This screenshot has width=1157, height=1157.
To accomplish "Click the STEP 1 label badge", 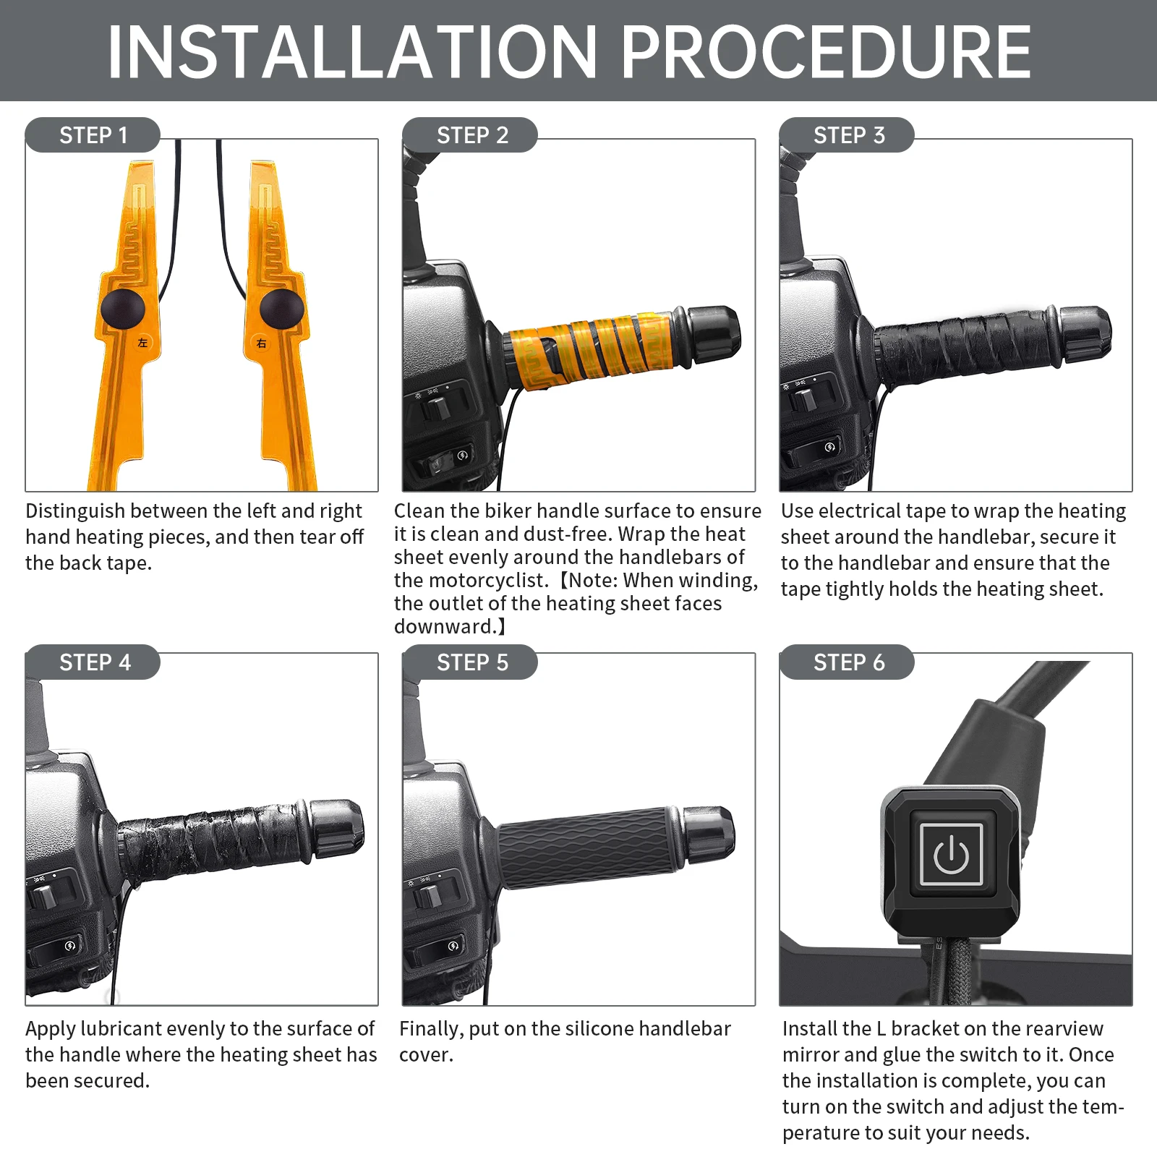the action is tap(93, 135).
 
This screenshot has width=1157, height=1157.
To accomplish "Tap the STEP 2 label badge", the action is tap(470, 135).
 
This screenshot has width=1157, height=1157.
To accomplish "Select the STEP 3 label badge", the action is tap(847, 135).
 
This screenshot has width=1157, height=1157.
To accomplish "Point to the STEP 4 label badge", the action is tap(93, 662).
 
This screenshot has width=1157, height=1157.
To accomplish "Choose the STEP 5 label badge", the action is tap(470, 662).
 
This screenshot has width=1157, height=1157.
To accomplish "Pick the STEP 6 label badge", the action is tap(847, 662).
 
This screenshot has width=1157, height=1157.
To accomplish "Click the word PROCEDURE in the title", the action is tap(827, 52).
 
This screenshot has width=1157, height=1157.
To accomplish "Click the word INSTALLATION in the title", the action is tap(352, 52).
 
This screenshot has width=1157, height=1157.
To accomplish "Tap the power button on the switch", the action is tap(951, 854).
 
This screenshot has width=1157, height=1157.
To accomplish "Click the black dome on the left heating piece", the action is tap(123, 309).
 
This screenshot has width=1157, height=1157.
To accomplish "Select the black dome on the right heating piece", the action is tap(281, 309).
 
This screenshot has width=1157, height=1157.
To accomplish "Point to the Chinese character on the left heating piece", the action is tap(142, 343).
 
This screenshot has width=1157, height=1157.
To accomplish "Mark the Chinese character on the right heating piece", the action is tap(261, 343).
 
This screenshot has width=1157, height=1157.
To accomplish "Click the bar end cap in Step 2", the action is tap(712, 334).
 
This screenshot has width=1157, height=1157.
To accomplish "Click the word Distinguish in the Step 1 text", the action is tap(75, 512).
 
